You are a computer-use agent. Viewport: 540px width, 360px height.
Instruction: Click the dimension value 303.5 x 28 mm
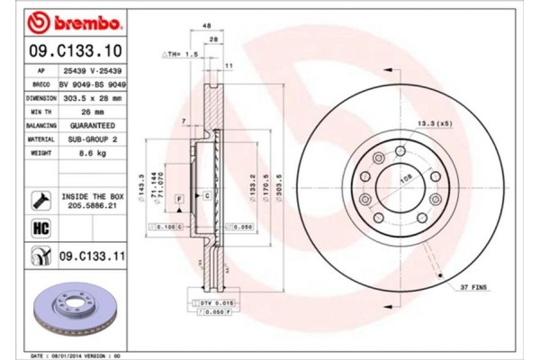pyautogui.click(x=90, y=97)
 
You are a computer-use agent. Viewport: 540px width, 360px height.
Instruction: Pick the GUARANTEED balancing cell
pyautogui.click(x=90, y=126)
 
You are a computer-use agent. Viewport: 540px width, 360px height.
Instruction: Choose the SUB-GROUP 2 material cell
pyautogui.click(x=90, y=140)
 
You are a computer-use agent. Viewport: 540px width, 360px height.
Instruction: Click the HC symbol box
pyautogui.click(x=40, y=228)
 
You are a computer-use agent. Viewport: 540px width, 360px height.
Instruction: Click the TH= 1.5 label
pyautogui.click(x=179, y=55)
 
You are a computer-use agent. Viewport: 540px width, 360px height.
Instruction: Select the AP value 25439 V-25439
pyautogui.click(x=90, y=68)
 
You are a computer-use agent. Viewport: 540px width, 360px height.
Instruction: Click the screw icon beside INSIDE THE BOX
pyautogui.click(x=40, y=198)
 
